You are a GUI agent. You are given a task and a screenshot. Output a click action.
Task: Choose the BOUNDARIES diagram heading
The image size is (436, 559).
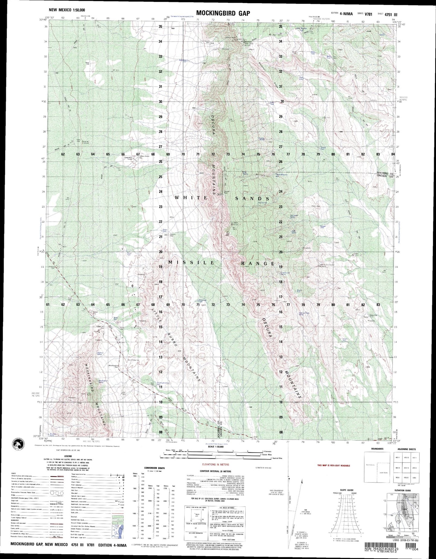click(x=377, y=449)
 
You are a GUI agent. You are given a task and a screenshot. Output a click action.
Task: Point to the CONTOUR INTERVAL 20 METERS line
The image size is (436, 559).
click(x=215, y=471)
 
